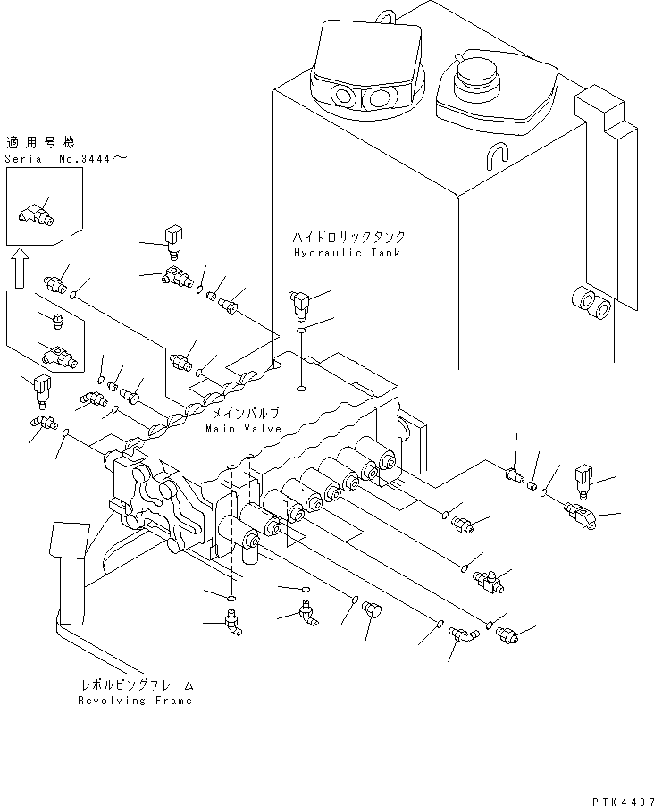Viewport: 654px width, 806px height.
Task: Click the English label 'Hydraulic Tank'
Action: coord(347,253)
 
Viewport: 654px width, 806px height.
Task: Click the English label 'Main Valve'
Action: coord(243,428)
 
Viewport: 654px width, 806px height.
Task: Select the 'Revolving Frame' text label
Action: coord(135,701)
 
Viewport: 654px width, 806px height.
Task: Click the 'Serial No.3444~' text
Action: coord(66,158)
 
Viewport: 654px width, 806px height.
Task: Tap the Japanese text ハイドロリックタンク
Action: coord(348,238)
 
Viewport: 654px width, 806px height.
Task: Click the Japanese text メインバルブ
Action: coord(244,413)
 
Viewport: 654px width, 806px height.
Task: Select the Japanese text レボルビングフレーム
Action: coord(134,685)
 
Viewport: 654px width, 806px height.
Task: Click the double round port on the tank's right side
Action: coord(592,304)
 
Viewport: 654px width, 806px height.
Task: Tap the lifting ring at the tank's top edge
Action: coord(385,15)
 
